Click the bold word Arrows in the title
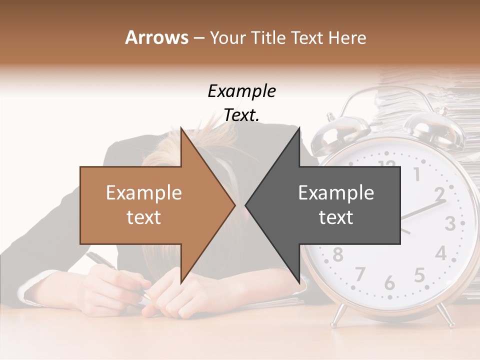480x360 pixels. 157,37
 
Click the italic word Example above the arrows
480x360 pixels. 241,91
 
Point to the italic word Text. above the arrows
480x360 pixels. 241,115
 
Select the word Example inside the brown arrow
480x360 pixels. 144,193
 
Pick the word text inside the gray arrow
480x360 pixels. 336,217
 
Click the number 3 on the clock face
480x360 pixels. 449,223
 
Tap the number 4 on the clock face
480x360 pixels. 440,253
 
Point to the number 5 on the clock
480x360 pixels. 419,275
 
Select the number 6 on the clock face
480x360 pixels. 389,282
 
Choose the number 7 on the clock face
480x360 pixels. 360,274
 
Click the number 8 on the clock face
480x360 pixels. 338,254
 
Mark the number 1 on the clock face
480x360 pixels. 416,174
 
